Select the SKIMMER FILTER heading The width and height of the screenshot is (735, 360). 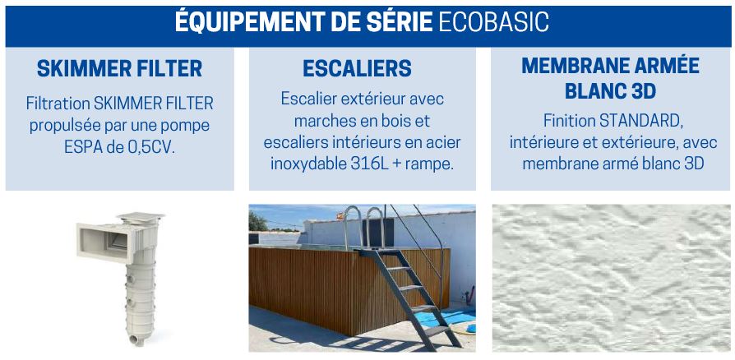pyautogui.click(x=119, y=69)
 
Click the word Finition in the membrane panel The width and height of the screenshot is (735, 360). pyautogui.click(x=570, y=121)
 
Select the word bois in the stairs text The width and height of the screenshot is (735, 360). pyautogui.click(x=393, y=120)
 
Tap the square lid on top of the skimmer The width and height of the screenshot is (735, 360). pyautogui.click(x=141, y=218)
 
